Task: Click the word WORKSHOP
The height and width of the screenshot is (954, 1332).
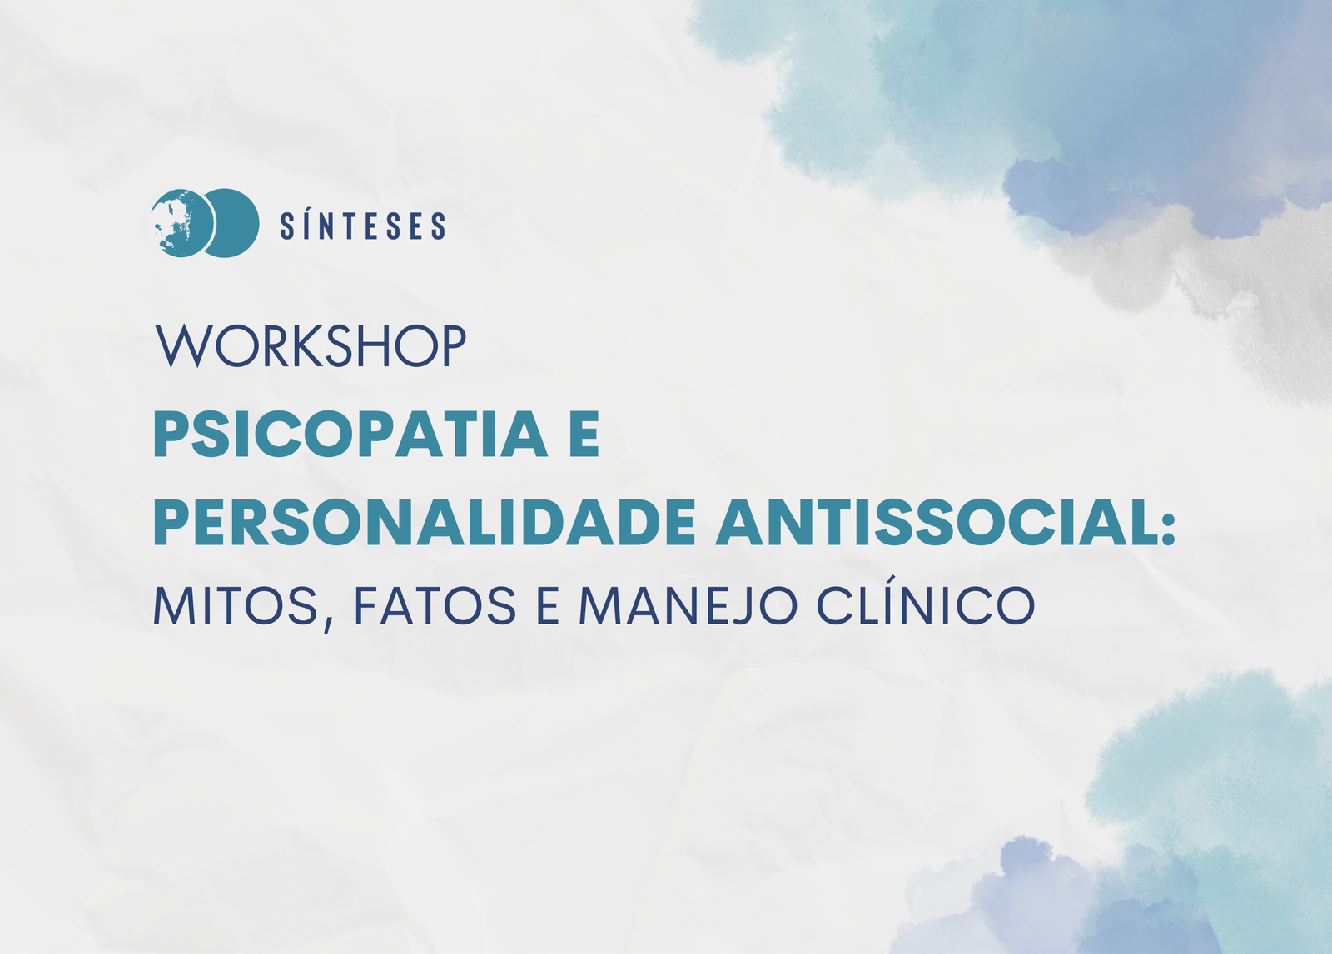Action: point(311,346)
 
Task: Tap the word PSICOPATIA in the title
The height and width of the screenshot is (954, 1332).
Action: point(350,434)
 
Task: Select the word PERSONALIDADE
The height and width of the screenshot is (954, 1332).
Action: point(425,522)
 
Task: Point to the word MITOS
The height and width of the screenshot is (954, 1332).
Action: point(236,605)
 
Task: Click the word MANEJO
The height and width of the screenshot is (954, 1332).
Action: point(688,605)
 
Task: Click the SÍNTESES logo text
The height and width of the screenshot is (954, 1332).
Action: point(363,225)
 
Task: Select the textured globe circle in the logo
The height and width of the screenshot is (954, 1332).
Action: point(181,223)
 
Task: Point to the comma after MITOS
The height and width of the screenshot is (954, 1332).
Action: point(328,623)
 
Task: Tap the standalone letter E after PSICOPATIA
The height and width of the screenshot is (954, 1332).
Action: point(584,434)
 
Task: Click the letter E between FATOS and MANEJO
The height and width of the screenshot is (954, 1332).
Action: point(547,605)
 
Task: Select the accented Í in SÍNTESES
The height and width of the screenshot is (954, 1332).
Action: point(307,225)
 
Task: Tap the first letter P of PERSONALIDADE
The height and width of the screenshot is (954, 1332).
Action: point(172,522)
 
